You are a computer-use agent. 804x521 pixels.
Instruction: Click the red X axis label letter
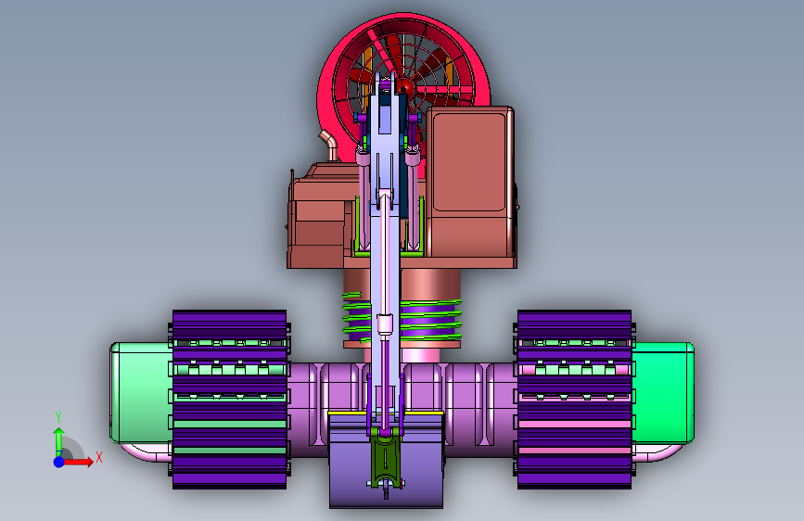coord(99,457)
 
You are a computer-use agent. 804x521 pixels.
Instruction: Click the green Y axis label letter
coord(58,417)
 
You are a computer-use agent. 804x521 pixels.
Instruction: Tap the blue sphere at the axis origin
coord(59,462)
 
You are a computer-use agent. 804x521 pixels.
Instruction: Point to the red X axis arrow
coord(78,462)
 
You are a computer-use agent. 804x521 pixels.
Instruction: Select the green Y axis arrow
coord(59,441)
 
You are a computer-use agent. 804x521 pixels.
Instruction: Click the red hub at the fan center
coord(404,88)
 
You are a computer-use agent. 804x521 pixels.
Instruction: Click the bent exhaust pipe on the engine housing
coord(329,146)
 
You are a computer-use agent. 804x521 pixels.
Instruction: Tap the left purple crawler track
coord(229,399)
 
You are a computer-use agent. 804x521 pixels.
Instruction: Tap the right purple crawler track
coord(574,399)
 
